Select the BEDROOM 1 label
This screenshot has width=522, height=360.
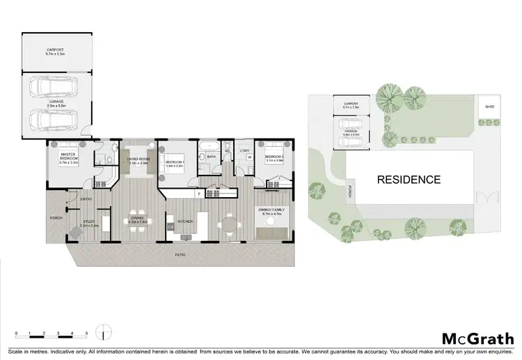click(174, 164)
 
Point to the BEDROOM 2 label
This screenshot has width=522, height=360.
click(274, 159)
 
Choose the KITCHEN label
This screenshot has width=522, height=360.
click(184, 221)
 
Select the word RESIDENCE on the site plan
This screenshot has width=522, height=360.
click(409, 180)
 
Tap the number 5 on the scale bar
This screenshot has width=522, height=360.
click(86, 334)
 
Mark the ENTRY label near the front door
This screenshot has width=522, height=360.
click(87, 198)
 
